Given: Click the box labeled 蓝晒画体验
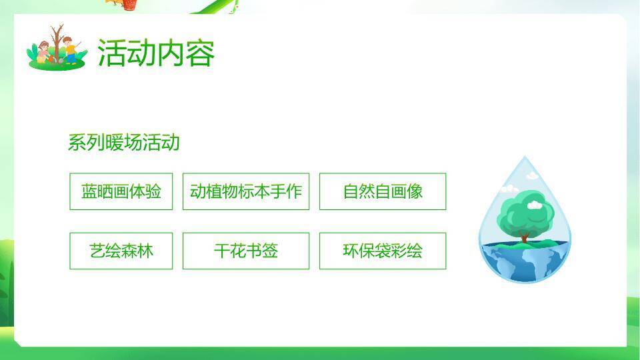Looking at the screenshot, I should point(121,191).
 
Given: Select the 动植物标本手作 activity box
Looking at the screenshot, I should point(246,191).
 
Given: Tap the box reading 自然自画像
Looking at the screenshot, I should point(383,191).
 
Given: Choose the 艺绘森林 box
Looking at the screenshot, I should point(121,251).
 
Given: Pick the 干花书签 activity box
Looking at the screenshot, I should point(246,251).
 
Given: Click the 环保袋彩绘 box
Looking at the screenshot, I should point(383,251).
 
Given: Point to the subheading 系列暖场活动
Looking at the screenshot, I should point(124,142).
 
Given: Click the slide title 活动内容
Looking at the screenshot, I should point(156,53).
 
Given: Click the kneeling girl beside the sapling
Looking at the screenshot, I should point(44,52).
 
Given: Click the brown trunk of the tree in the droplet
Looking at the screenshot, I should point(524,235).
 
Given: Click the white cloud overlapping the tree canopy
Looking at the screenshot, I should point(535,206).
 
